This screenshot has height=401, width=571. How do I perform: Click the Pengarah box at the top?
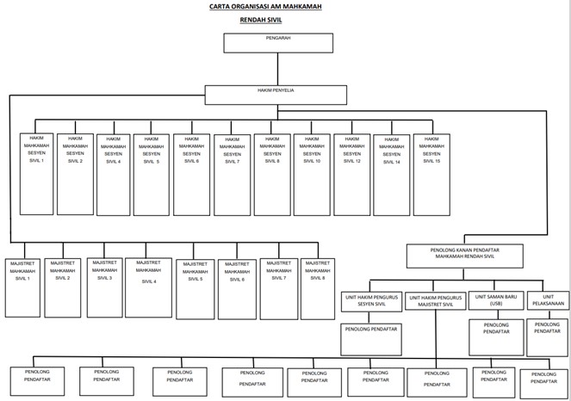(x=278, y=43)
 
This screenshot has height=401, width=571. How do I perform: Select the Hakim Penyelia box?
(x=276, y=94)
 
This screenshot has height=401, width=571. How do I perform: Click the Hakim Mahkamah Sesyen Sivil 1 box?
(x=36, y=173)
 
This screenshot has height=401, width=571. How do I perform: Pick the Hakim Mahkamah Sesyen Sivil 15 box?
(x=431, y=173)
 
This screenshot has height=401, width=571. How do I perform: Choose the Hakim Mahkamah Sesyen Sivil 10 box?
(x=312, y=173)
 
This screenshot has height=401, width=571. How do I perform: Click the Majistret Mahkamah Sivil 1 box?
(x=22, y=287)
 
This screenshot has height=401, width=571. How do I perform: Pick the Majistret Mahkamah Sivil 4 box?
(x=148, y=287)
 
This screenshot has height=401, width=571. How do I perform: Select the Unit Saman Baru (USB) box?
(x=494, y=300)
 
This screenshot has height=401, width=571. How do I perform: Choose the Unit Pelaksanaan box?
(x=547, y=300)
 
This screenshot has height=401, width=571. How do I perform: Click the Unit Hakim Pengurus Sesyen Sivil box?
(x=371, y=300)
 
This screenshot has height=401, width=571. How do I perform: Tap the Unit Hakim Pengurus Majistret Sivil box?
(x=435, y=300)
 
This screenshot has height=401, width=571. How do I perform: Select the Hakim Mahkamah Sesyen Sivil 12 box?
(x=351, y=173)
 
